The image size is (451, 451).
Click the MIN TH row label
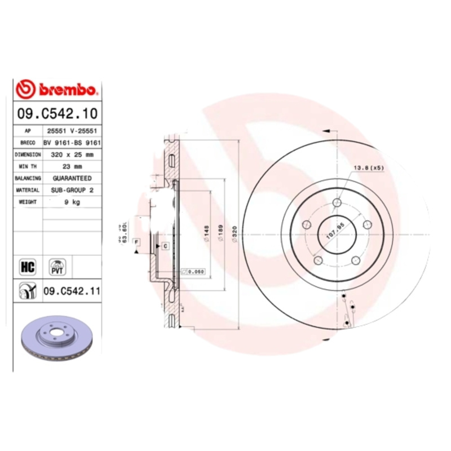28,166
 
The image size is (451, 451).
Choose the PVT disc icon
58,266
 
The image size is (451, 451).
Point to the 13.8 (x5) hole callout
368,168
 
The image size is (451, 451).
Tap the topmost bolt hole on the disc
337,203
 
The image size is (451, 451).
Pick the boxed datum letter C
166,245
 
